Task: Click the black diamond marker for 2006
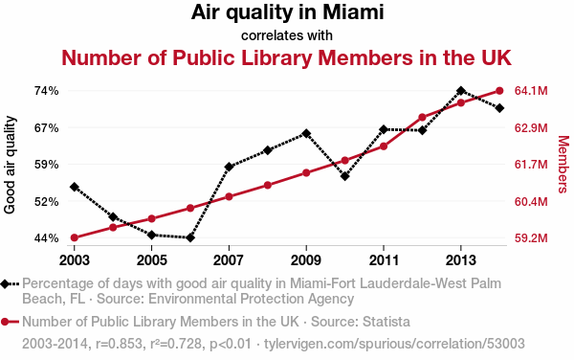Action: pos(190,238)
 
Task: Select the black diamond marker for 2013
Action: pos(461,91)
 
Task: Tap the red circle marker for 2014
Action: pos(499,91)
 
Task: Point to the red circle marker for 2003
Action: pos(75,237)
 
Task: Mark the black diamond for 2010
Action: pos(344,176)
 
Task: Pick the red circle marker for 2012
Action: pos(422,118)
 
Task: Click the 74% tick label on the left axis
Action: pos(47,91)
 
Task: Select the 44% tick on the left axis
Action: pos(47,238)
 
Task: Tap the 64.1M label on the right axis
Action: pos(531,91)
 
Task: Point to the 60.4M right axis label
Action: pos(531,201)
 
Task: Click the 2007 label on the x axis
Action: pos(229,260)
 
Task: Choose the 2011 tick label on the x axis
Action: pos(384,260)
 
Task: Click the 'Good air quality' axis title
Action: pos(10,165)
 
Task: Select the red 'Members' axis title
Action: pos(563,165)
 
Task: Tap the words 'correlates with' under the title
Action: pos(287,35)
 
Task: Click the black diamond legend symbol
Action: pos(10,283)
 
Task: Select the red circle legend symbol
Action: pos(10,322)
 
